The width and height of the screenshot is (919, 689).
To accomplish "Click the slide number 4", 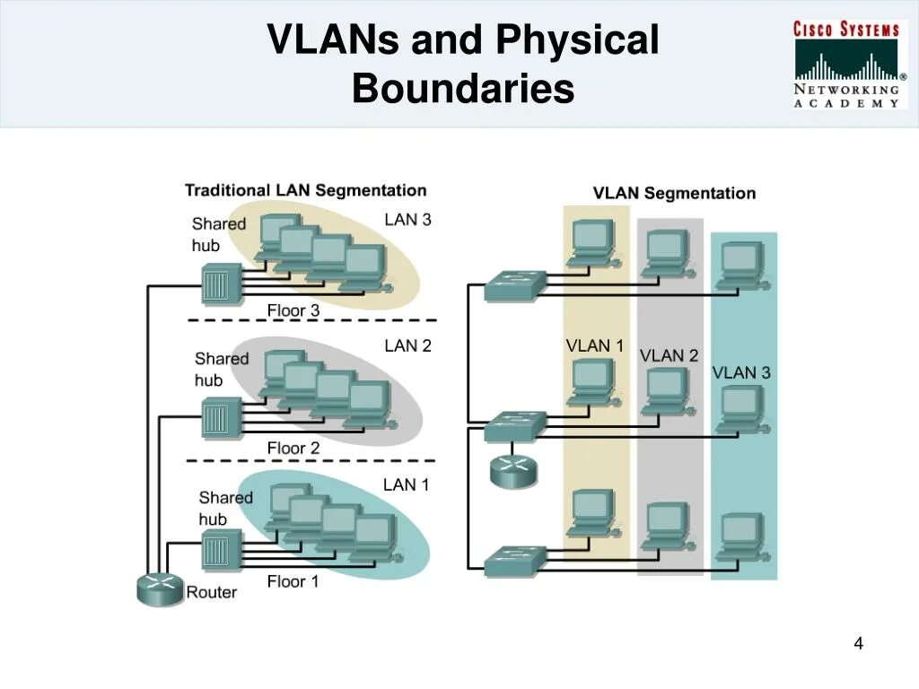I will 858,643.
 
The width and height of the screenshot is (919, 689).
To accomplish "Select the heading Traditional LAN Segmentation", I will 305,190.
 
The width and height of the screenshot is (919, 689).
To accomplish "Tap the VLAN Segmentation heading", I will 674,193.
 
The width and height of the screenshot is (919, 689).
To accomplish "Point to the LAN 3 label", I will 407,220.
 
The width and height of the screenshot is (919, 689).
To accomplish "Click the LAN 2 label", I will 407,345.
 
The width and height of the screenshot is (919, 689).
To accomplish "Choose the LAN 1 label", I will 406,485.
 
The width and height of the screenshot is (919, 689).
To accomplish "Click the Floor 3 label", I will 293,310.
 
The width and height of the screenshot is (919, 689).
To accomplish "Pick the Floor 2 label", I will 293,448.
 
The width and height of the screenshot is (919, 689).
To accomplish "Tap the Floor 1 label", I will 293,581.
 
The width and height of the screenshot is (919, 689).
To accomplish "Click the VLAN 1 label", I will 594,345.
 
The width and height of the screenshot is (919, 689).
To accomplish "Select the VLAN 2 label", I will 669,356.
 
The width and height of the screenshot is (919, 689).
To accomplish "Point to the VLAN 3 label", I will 741,372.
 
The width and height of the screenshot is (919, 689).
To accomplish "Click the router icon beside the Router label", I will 159,589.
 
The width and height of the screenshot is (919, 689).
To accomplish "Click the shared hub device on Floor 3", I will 217,284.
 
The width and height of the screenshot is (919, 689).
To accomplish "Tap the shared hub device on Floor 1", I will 217,549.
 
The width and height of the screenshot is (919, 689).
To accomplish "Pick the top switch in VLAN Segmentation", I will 514,285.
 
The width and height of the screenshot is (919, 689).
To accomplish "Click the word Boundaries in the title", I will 462,90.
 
